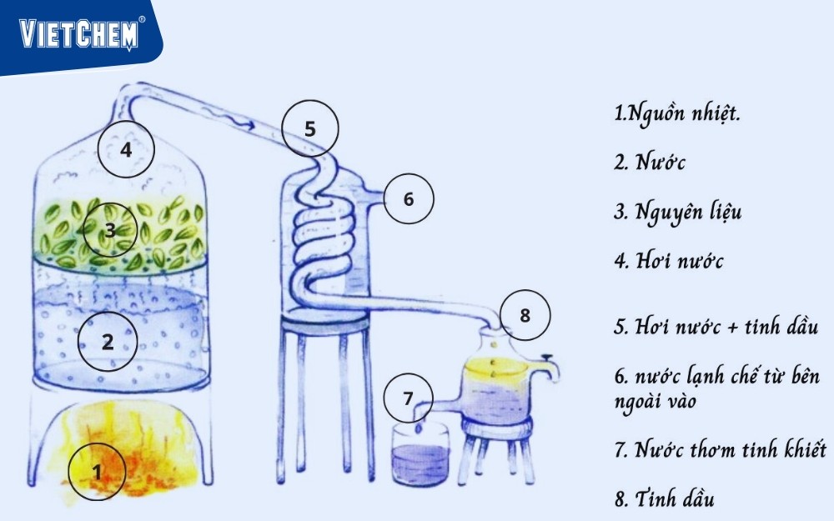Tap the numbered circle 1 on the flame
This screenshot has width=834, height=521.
click(97, 472)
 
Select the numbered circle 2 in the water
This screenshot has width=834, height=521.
click(108, 341)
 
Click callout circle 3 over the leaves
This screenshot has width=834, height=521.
click(109, 230)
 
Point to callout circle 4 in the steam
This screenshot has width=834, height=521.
click(126, 149)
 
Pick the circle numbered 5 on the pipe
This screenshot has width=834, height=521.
click(310, 128)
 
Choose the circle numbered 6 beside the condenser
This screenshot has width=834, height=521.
click(409, 199)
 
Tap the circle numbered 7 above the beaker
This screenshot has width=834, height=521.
click(408, 398)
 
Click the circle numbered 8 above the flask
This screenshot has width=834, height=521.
click(525, 315)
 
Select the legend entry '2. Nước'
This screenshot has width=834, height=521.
click(650, 162)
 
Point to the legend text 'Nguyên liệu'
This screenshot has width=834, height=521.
click(688, 212)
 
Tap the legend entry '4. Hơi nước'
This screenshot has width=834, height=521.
click(669, 260)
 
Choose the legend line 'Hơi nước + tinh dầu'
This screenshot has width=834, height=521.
click(726, 325)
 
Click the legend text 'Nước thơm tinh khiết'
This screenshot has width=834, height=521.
click(731, 449)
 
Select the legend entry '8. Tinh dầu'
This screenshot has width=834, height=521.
click(665, 498)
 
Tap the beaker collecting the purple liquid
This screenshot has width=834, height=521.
click(420, 454)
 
